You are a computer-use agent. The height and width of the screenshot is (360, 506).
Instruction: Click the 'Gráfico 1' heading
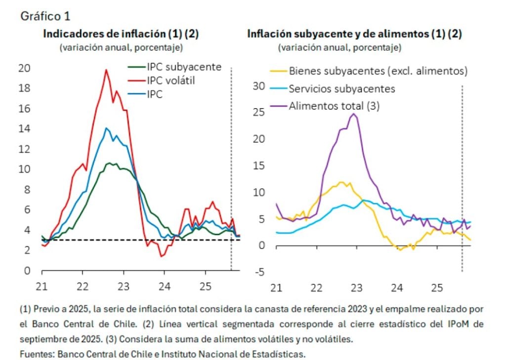tap(45, 16)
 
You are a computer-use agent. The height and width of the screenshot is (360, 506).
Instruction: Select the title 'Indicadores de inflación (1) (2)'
tap(121, 34)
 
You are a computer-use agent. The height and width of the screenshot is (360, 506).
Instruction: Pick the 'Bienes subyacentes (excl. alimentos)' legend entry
tap(378, 71)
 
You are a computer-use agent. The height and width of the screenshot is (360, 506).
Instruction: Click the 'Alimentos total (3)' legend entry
tap(334, 106)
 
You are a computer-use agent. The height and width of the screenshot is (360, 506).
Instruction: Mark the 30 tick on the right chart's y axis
tap(259, 86)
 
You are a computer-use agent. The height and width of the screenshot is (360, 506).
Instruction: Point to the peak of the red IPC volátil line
tap(106, 70)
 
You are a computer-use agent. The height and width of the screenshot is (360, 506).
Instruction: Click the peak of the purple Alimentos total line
tap(353, 114)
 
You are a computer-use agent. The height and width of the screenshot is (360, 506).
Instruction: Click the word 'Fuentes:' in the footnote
tap(37, 354)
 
